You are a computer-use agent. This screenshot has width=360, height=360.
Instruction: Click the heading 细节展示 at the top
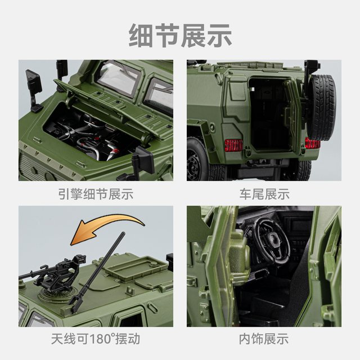(x=180, y=35)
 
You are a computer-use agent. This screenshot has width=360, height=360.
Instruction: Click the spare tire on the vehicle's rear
(x=322, y=107)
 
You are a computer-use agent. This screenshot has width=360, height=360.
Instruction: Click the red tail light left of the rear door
(x=233, y=145)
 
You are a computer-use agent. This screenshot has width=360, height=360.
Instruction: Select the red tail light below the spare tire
(x=313, y=143)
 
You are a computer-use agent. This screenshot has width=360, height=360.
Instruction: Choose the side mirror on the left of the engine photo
(x=34, y=84)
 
